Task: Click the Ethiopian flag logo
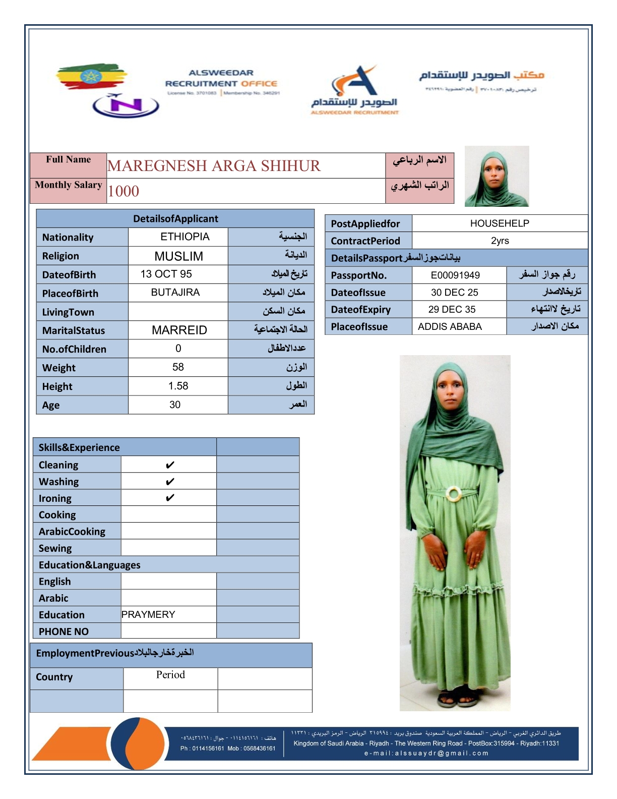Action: pos(91,77)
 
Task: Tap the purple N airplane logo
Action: pos(126,105)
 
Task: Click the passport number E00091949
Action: pos(455,275)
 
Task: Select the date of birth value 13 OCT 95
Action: pos(166,274)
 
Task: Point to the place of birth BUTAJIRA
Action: pos(175,293)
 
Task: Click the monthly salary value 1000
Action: pos(124,191)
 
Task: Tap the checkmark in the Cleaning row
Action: pos(170,465)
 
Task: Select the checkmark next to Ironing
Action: pos(170,498)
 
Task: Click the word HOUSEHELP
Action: pos(499,223)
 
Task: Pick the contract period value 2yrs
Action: pos(500,241)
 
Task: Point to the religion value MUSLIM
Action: pos(178,256)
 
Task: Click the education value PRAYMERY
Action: pos(148,614)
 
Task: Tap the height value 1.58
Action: pos(178,386)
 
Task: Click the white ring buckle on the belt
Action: pos(454,494)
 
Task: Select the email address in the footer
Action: pos(426,754)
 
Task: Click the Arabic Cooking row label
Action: pos(72,532)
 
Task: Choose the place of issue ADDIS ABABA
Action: pos(450,326)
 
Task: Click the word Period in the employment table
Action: pos(170,675)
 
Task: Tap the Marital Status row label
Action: pos(74,331)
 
